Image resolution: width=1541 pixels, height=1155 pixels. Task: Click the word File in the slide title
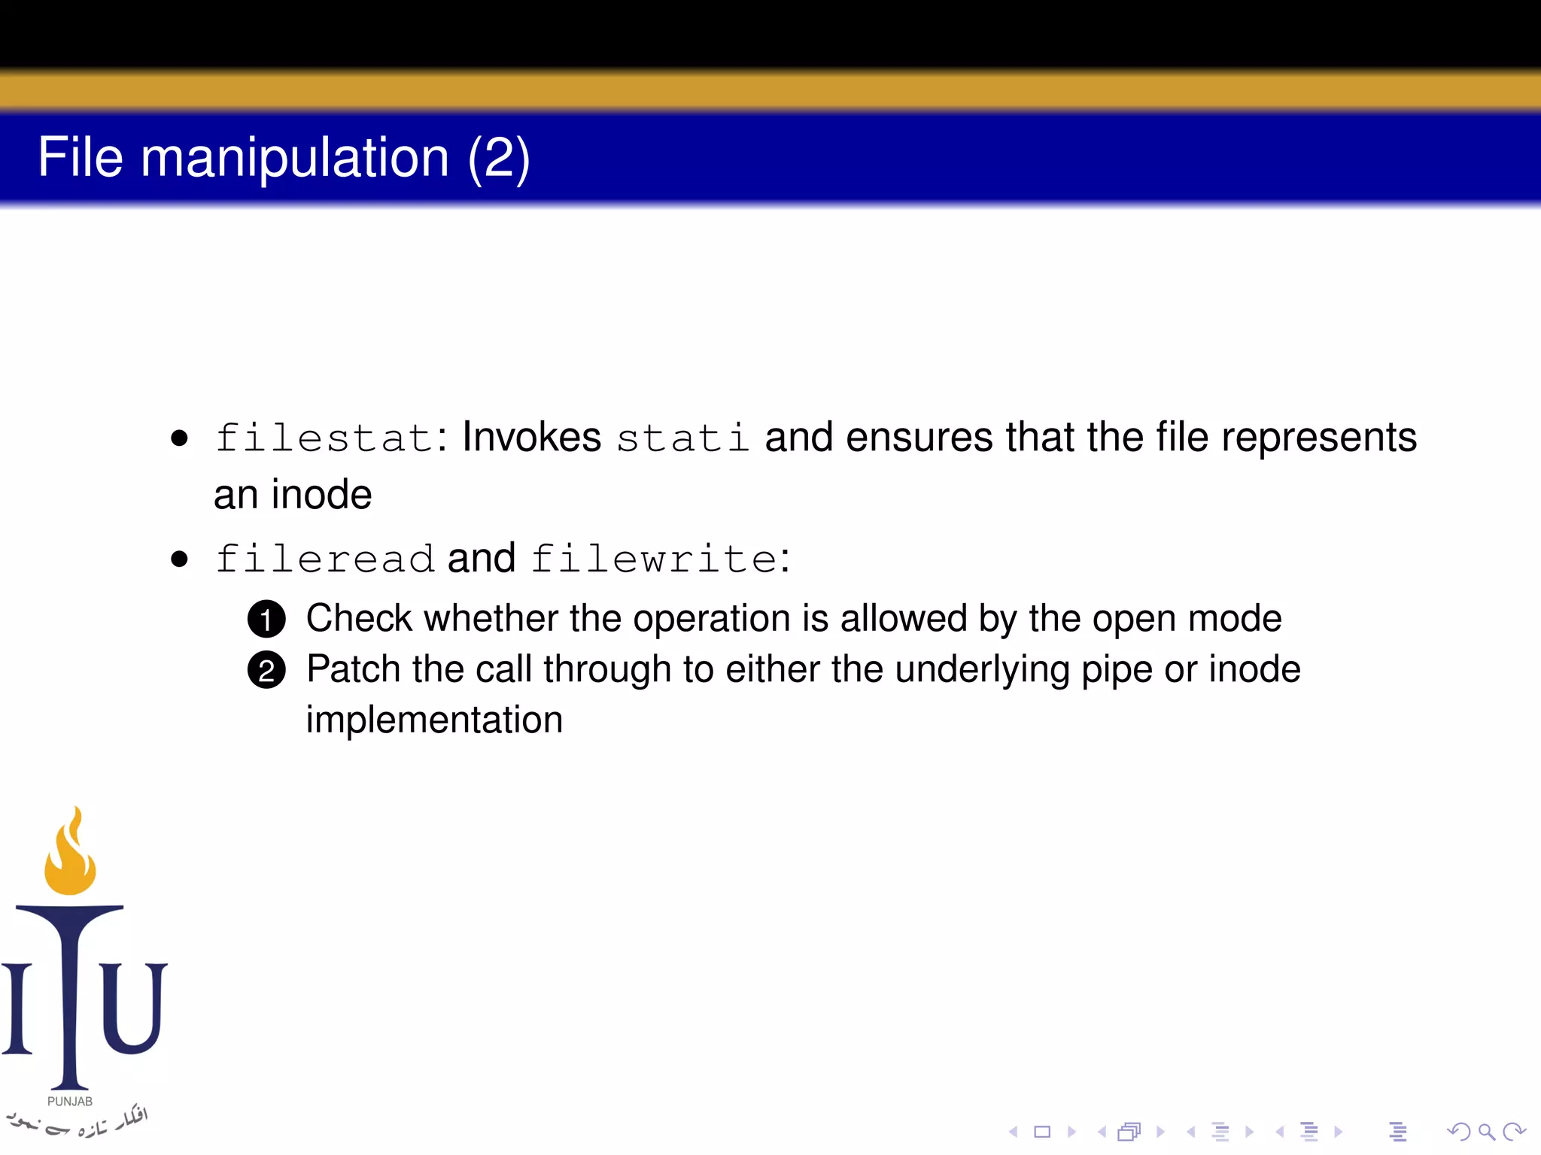point(80,157)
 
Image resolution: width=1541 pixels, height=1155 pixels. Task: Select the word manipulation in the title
point(295,159)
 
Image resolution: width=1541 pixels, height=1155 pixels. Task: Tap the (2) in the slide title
point(499,159)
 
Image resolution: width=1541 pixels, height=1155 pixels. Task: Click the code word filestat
point(324,438)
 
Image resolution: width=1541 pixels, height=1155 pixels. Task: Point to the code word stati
point(682,438)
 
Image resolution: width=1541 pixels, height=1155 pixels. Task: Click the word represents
point(1318,438)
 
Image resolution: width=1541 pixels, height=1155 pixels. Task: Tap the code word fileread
point(324,559)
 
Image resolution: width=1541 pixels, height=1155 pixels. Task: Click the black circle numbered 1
point(266,620)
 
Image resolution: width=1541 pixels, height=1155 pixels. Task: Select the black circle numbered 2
point(266,670)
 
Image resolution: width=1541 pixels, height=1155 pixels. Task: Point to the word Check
point(359,618)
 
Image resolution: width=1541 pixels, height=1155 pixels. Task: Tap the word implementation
point(434,720)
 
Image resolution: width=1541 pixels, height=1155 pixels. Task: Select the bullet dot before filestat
point(179,438)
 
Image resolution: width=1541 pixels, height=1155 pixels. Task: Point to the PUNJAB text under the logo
point(70,1102)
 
